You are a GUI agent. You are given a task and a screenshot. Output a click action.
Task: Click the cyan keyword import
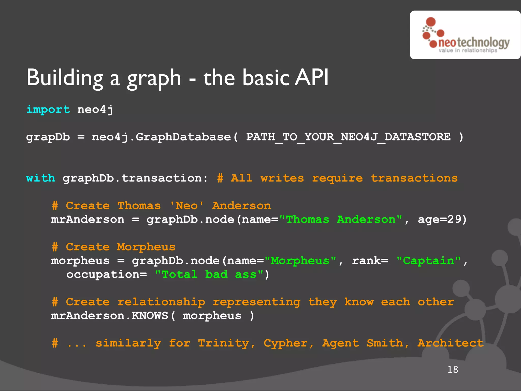[48, 110]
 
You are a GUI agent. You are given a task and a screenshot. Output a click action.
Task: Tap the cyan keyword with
[41, 178]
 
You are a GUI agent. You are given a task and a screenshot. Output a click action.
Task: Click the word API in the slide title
[311, 78]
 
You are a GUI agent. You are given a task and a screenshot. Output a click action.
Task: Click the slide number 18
[453, 370]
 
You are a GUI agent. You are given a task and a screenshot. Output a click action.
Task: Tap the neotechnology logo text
[474, 43]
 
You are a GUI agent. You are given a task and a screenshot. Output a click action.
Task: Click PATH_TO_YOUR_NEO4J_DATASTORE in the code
[348, 137]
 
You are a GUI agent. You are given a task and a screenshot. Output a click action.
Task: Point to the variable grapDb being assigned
[48, 137]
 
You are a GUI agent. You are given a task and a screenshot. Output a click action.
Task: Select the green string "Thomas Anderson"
[341, 219]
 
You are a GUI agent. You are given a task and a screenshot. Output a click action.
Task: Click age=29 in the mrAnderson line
[442, 219]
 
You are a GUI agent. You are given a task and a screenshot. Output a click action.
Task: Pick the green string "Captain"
[429, 261]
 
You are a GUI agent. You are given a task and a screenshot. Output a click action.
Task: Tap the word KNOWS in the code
[150, 316]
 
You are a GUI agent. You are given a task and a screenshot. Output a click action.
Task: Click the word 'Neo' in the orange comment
[186, 206]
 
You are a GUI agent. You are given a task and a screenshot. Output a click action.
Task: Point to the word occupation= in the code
[107, 274]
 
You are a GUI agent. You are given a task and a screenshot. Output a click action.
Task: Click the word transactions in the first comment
[414, 178]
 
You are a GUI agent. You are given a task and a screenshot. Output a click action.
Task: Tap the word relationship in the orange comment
[161, 302]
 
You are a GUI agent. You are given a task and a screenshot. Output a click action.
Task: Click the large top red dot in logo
[431, 22]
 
